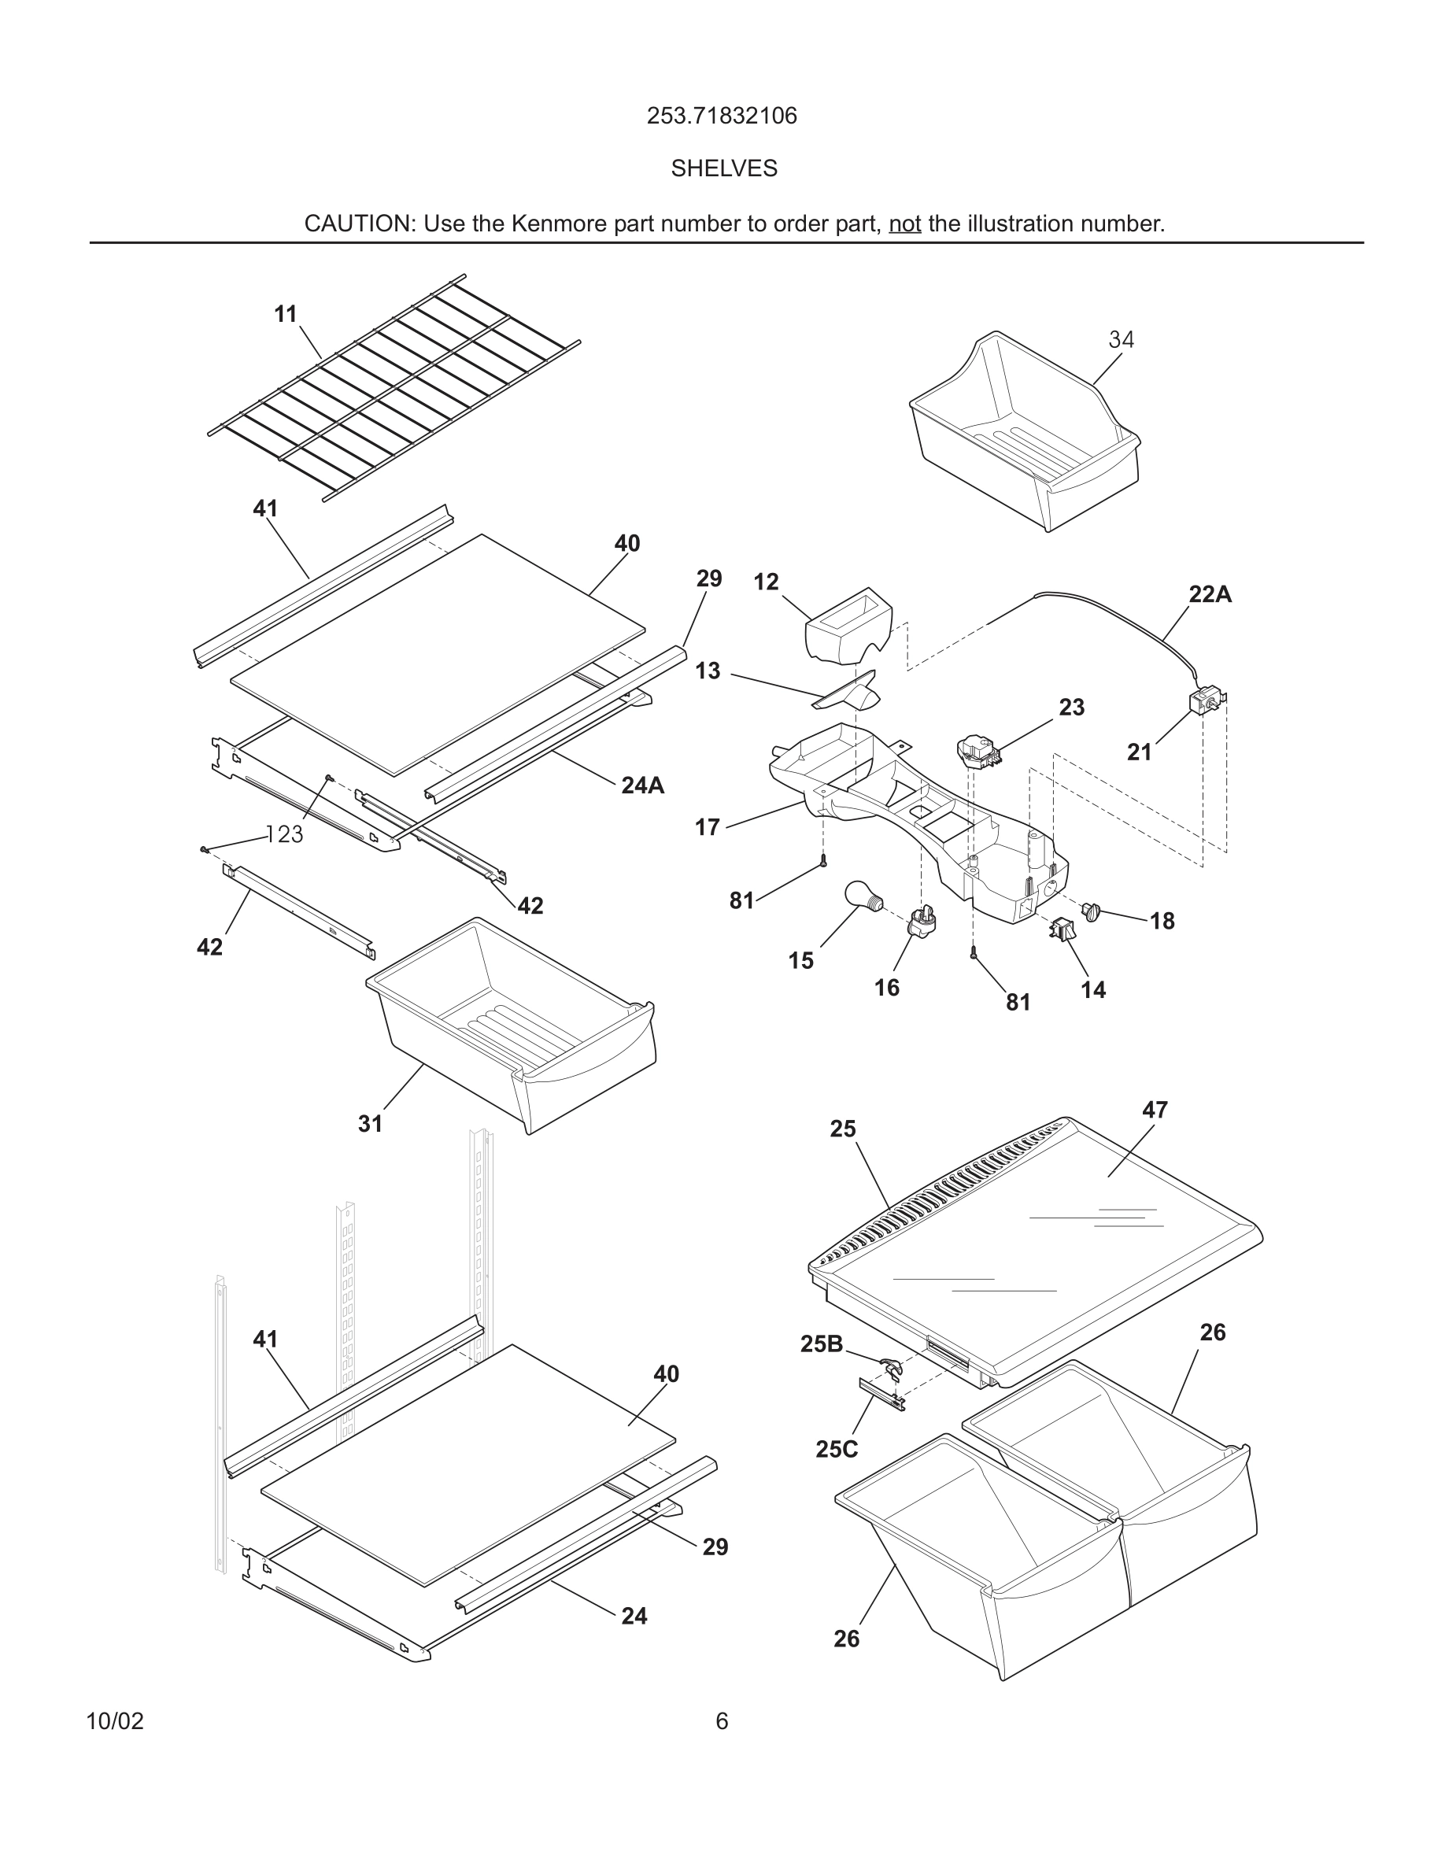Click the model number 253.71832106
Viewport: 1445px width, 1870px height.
722,116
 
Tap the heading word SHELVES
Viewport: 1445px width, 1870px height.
723,168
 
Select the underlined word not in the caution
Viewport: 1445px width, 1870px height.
904,224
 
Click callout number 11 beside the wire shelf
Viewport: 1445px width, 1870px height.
285,314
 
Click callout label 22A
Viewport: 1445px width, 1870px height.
1210,594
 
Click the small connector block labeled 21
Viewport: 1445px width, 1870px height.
1204,700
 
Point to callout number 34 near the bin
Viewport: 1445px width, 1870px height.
1121,340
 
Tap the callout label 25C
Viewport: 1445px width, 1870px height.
837,1450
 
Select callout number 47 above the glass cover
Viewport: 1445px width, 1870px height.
1154,1110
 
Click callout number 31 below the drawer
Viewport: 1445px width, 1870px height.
370,1123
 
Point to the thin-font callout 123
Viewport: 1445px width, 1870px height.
284,834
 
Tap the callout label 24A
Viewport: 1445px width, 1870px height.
642,785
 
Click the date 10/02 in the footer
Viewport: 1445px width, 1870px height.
115,1721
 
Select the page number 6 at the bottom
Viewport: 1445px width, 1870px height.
722,1721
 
